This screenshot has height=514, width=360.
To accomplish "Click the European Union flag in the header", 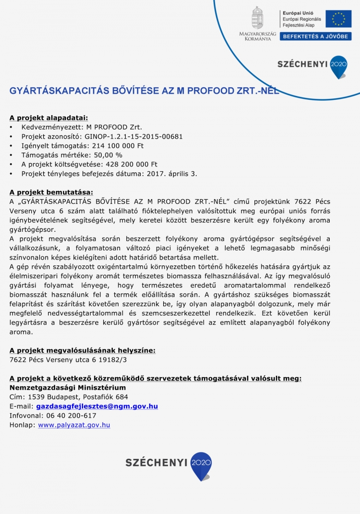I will point(338,19).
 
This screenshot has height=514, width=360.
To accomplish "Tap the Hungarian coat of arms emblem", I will point(258,18).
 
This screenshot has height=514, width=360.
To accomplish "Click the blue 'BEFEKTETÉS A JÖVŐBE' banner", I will point(315,36).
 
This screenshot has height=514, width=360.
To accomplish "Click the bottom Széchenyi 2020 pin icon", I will point(201,465).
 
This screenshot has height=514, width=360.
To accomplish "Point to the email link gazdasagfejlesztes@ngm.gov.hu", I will point(97,406).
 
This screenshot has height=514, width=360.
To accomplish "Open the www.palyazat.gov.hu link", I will point(74,425).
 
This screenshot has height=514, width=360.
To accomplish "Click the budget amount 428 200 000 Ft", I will point(129,164).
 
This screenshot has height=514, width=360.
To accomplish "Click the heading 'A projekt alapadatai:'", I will point(48,118).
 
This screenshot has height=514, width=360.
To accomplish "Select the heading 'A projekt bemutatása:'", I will point(51,192).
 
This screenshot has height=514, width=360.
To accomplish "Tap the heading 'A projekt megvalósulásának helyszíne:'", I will point(83,350).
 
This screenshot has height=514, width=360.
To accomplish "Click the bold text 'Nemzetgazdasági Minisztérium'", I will point(68,387).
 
